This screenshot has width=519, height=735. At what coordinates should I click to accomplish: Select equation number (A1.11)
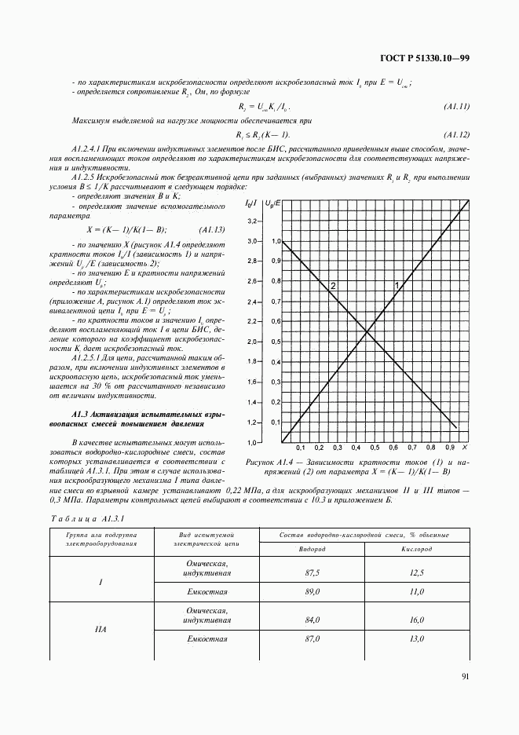pos(455,105)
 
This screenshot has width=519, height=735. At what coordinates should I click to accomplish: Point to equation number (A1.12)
pos(455,133)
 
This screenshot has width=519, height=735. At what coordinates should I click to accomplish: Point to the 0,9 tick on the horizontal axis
pos(439,448)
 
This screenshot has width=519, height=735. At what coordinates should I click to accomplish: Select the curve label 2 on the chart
pos(333,286)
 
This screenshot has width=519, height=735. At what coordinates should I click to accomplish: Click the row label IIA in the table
pos(101,629)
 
